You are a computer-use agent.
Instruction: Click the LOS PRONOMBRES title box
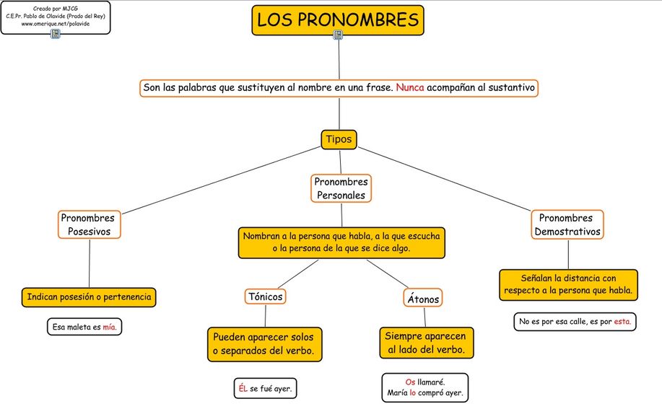click(x=337, y=19)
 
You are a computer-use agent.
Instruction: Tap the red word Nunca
click(x=409, y=88)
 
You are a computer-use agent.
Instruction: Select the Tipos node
click(x=339, y=139)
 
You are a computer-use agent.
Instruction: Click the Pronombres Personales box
click(x=341, y=188)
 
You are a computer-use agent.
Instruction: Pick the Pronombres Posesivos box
click(x=89, y=224)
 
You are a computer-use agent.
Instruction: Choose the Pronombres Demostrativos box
click(x=567, y=224)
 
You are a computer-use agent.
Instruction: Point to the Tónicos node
click(x=265, y=297)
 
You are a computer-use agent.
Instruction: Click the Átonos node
click(x=422, y=298)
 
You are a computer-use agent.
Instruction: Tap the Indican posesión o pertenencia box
click(x=90, y=297)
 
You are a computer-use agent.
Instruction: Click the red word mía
click(x=109, y=328)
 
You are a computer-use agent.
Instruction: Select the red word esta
click(x=622, y=322)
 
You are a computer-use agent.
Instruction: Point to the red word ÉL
click(x=243, y=388)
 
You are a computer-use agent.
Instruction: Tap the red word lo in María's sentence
click(x=413, y=394)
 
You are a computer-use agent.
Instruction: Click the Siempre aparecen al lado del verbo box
click(x=426, y=343)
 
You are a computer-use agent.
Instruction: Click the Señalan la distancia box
click(x=568, y=284)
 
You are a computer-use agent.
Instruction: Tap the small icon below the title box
click(x=338, y=35)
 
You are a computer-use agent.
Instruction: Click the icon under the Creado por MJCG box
click(x=56, y=33)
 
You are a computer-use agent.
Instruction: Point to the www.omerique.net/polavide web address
click(x=56, y=24)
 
